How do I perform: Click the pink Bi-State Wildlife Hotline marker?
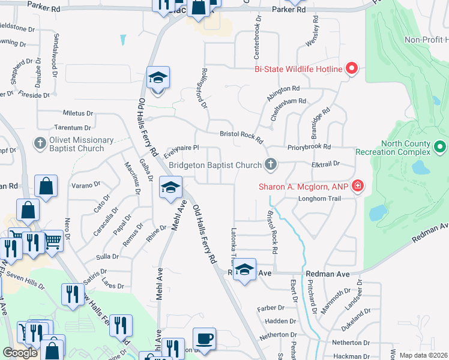click(352, 69)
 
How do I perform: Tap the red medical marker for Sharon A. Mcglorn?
click(358, 186)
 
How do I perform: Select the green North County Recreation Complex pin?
click(440, 146)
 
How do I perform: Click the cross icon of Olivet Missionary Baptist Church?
click(40, 143)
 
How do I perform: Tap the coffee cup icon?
click(204, 338)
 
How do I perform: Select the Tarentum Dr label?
click(73, 128)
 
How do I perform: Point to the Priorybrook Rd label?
click(310, 146)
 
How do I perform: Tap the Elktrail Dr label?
click(326, 163)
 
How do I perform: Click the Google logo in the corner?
click(20, 353)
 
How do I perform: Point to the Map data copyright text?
click(423, 355)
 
